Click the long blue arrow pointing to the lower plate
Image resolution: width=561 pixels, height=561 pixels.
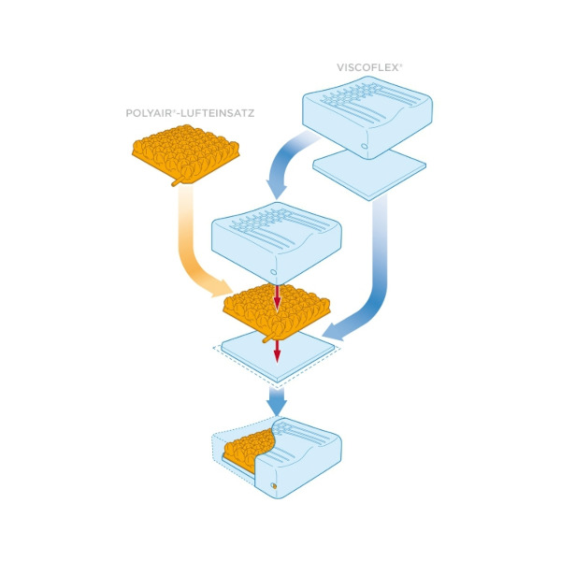(374, 280)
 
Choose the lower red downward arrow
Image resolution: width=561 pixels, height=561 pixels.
(277, 350)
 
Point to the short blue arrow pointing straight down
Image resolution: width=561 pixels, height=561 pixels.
(277, 401)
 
